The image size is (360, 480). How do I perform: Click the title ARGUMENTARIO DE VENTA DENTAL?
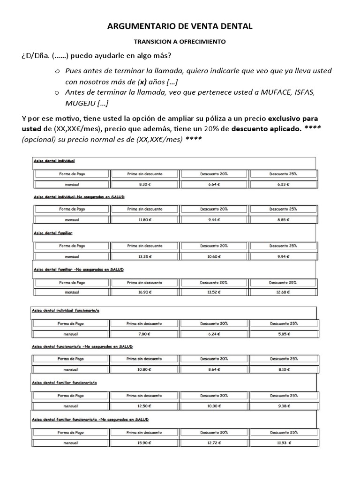click(x=180, y=27)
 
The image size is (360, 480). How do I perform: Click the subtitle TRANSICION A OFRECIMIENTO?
click(x=180, y=42)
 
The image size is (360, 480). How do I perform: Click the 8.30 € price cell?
click(x=144, y=185)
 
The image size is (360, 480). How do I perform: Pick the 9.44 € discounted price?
click(x=214, y=219)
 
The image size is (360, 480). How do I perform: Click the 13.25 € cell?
click(x=144, y=256)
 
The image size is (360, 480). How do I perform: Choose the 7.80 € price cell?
click(x=144, y=334)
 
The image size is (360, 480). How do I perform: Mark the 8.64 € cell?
click(x=214, y=369)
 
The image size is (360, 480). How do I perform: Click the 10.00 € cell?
click(x=214, y=406)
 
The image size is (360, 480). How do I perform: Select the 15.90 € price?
click(x=144, y=442)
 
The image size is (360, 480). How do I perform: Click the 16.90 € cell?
click(x=144, y=292)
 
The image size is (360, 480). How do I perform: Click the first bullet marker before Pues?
click(x=57, y=71)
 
